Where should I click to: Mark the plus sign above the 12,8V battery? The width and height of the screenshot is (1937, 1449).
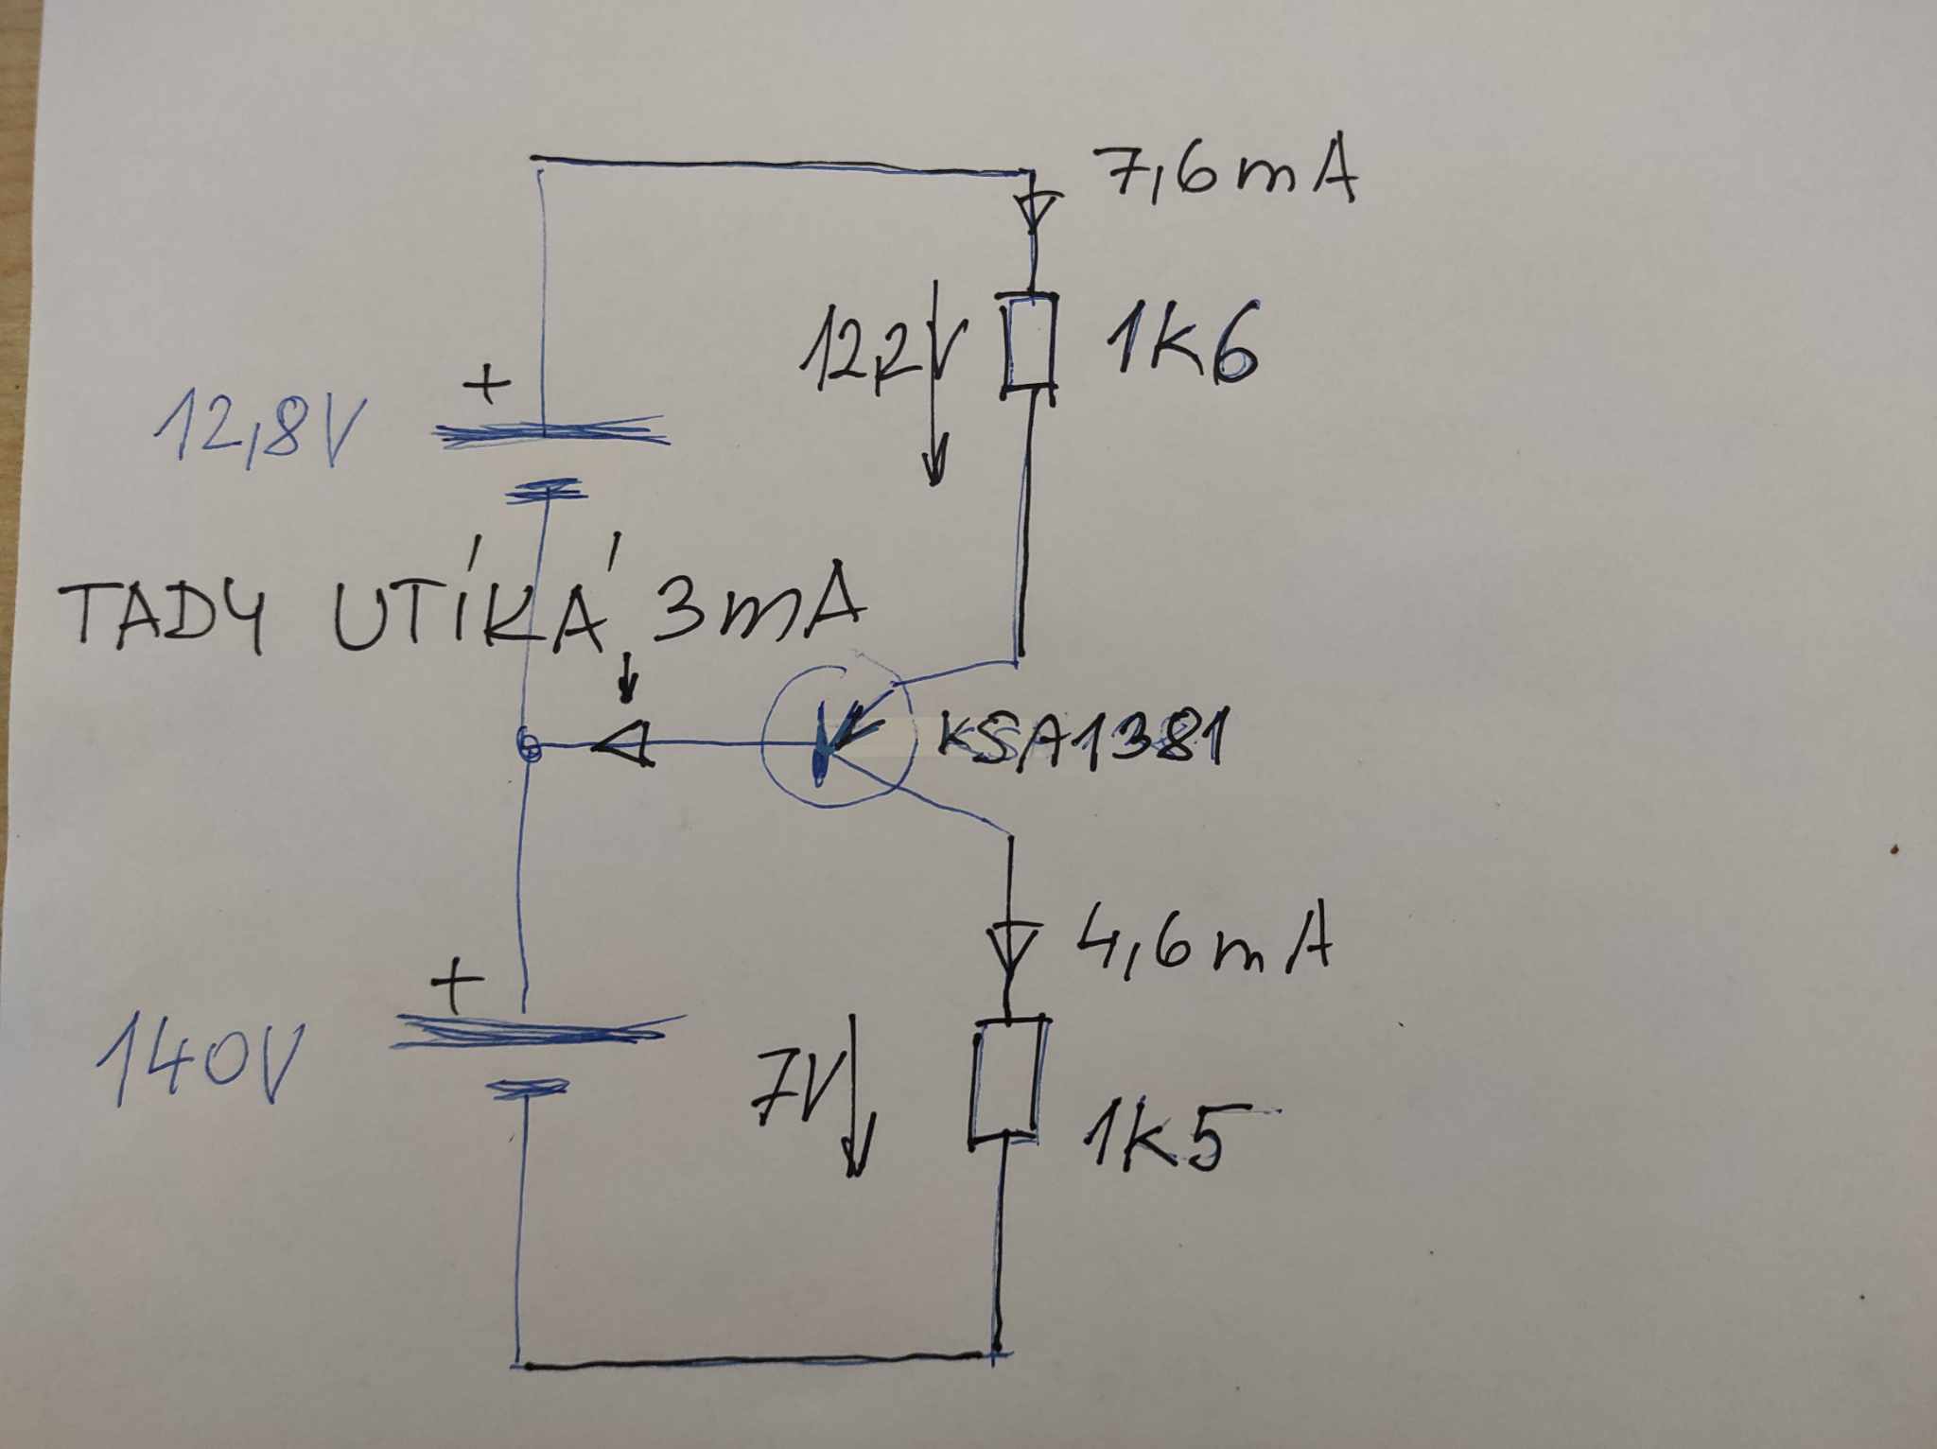pyautogui.click(x=488, y=386)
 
